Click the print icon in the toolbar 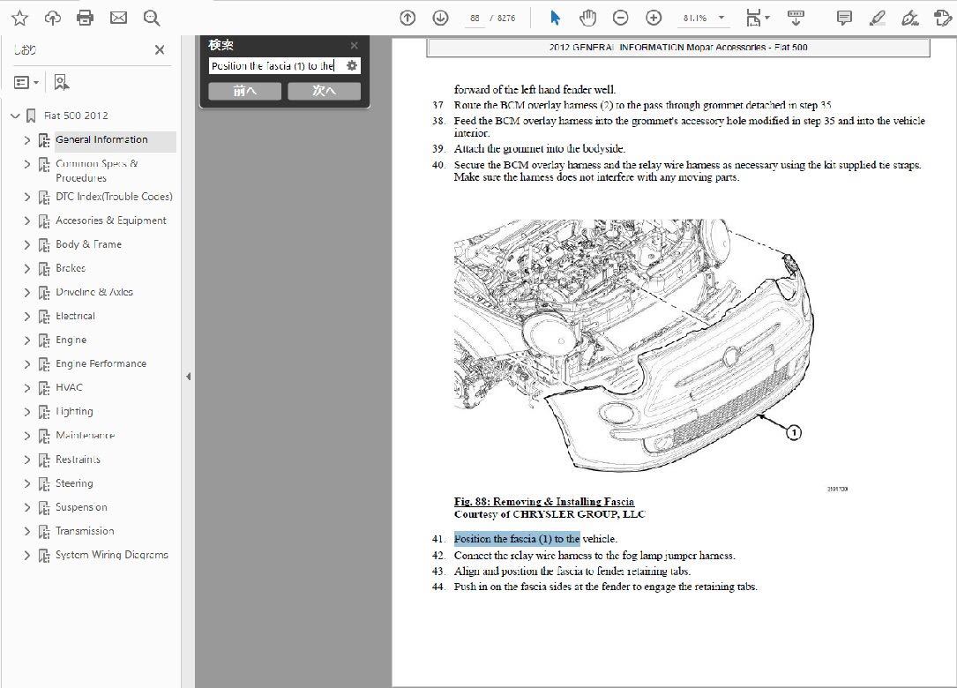coord(85,18)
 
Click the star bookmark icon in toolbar coord(19,18)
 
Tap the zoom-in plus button coord(654,18)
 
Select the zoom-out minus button coord(621,18)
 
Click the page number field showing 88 coord(475,18)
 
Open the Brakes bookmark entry coord(71,268)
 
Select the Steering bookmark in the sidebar coord(74,483)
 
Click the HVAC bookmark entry coord(69,387)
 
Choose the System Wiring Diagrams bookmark coord(111,555)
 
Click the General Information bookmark coord(101,139)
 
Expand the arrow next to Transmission coord(26,531)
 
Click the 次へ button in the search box coord(323,91)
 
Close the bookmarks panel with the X coord(160,50)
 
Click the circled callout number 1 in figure coord(793,432)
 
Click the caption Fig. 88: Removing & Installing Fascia coord(543,502)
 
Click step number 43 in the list coord(438,572)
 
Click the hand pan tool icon coord(587,18)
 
